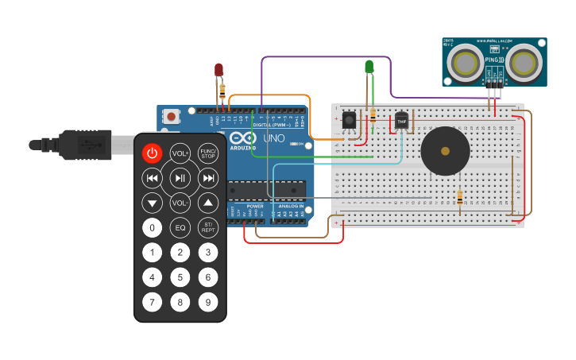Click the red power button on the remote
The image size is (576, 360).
pos(153,153)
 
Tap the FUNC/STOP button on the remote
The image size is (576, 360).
pos(208,153)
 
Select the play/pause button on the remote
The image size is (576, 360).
pos(180,178)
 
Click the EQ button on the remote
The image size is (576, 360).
pos(180,228)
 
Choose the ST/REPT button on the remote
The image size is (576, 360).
pos(208,228)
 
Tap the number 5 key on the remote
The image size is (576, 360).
pos(180,277)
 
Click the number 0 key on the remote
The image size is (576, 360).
pos(153,228)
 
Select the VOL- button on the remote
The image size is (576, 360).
pos(180,203)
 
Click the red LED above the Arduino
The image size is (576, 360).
pos(219,71)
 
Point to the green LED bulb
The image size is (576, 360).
pos(369,67)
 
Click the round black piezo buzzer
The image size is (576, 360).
pos(445,150)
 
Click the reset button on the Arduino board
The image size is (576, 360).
pos(171,116)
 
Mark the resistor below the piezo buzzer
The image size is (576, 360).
pos(459,198)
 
